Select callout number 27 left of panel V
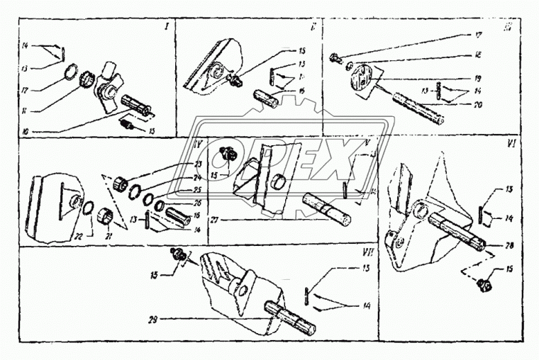pos(213,220)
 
